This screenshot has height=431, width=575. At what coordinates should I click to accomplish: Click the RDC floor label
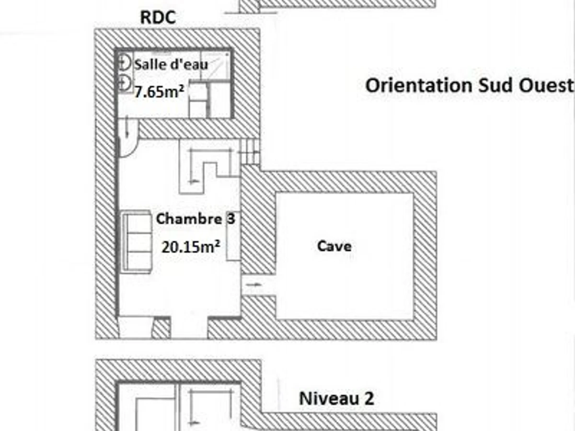[x=158, y=18]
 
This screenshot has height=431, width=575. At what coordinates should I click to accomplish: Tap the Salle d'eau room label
[x=171, y=64]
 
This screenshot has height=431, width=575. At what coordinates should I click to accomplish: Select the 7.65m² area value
[x=159, y=91]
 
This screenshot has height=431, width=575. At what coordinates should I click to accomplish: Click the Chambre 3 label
[x=195, y=218]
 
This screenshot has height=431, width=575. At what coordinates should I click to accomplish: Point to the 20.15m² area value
[x=191, y=247]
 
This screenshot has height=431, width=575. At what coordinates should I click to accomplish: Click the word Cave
[x=334, y=246]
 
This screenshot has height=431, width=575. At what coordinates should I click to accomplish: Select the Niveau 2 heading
[x=337, y=398]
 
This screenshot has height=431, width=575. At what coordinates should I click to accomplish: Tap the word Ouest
[x=546, y=86]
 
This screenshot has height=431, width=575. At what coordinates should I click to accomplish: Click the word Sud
[x=495, y=86]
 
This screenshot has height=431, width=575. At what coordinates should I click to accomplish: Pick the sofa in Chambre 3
[x=136, y=242]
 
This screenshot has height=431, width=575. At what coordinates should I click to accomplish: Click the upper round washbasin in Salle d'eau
[x=124, y=62]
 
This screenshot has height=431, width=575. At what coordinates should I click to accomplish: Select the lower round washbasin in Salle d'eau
[x=124, y=84]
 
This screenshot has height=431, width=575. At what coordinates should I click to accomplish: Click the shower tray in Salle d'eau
[x=215, y=66]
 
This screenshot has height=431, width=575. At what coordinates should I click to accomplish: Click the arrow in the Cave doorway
[x=254, y=284]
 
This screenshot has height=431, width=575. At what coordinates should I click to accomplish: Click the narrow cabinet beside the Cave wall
[x=234, y=236]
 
